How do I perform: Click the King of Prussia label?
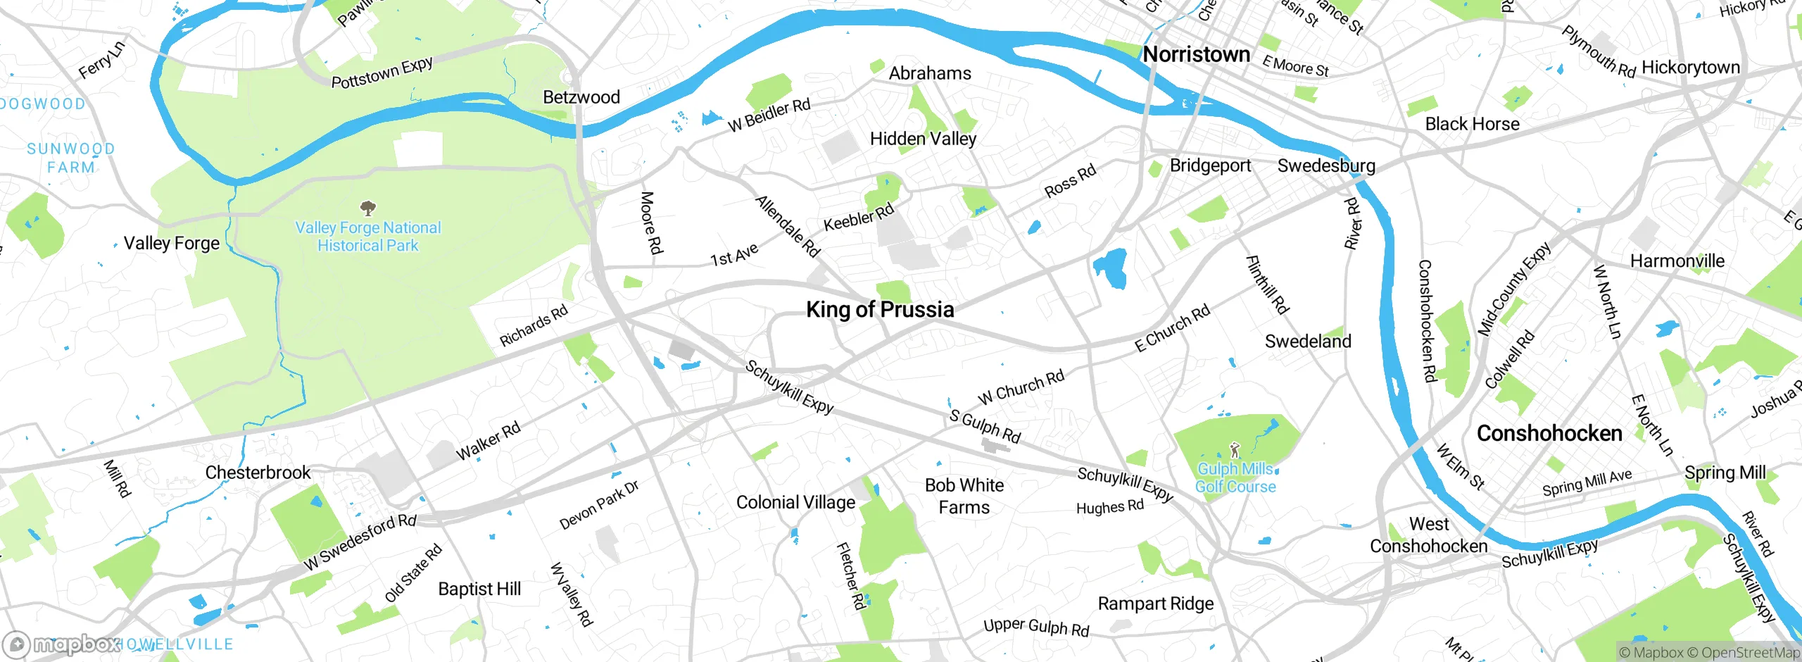point(880,309)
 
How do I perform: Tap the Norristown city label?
point(1196,54)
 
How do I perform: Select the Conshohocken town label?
point(1549,433)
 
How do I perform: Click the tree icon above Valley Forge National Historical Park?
point(367,208)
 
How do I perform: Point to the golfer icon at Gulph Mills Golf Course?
point(1234,449)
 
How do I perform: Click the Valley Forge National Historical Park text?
point(367,237)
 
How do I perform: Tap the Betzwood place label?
point(581,97)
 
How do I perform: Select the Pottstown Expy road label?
point(382,73)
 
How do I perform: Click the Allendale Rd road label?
point(788,226)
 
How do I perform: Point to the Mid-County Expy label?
point(1513,289)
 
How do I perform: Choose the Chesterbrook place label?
point(258,473)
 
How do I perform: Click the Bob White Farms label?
point(964,496)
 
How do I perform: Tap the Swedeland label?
point(1308,342)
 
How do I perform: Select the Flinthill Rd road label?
point(1267,285)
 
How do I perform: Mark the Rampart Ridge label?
point(1156,604)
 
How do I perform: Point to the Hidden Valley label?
point(923,139)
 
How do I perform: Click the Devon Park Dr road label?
point(599,505)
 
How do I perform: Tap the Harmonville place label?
point(1677,261)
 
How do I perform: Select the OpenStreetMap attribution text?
point(1750,653)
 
